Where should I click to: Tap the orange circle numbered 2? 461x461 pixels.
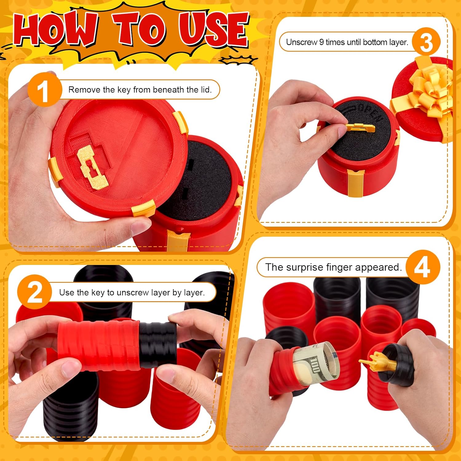[x=34, y=292]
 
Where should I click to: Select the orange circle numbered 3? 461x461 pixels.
[x=426, y=42]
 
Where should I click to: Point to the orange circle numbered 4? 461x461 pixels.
[x=423, y=267]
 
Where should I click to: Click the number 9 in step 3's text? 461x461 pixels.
[x=321, y=42]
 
